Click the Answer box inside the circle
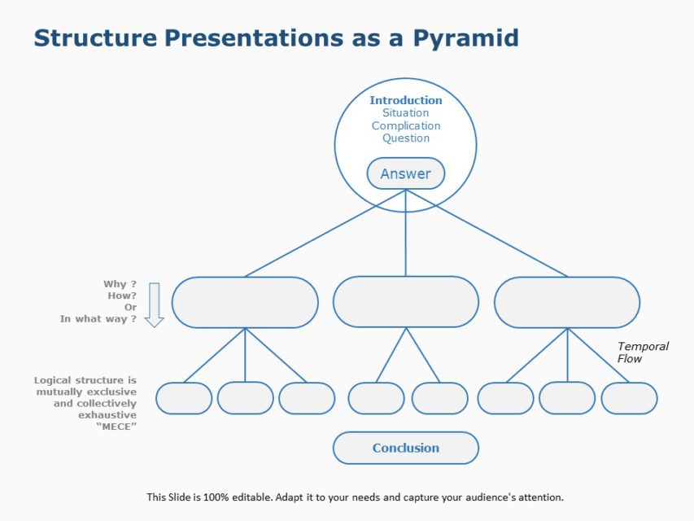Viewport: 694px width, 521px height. click(405, 173)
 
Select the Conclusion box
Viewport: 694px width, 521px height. click(406, 448)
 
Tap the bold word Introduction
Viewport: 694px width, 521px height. click(406, 100)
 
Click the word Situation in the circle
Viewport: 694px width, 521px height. click(406, 113)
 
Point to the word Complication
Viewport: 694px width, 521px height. click(406, 125)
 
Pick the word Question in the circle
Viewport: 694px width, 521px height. click(406, 138)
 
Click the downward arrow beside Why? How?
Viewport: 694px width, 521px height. click(154, 305)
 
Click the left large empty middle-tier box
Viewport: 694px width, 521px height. click(245, 302)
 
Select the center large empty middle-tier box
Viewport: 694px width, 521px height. click(406, 302)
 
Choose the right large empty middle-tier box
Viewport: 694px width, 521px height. click(567, 302)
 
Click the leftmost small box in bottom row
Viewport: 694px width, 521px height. click(184, 398)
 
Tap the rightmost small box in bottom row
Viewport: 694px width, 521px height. click(629, 398)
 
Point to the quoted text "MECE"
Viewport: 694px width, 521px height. click(116, 426)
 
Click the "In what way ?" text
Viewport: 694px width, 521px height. click(98, 319)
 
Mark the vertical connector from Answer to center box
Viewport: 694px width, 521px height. click(406, 236)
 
